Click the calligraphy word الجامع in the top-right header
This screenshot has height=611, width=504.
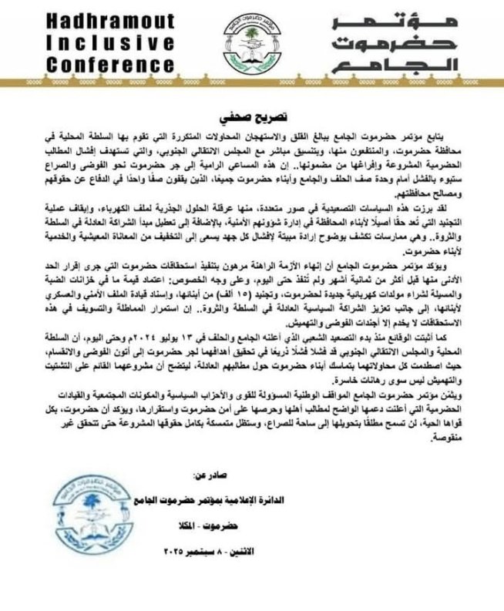416,63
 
